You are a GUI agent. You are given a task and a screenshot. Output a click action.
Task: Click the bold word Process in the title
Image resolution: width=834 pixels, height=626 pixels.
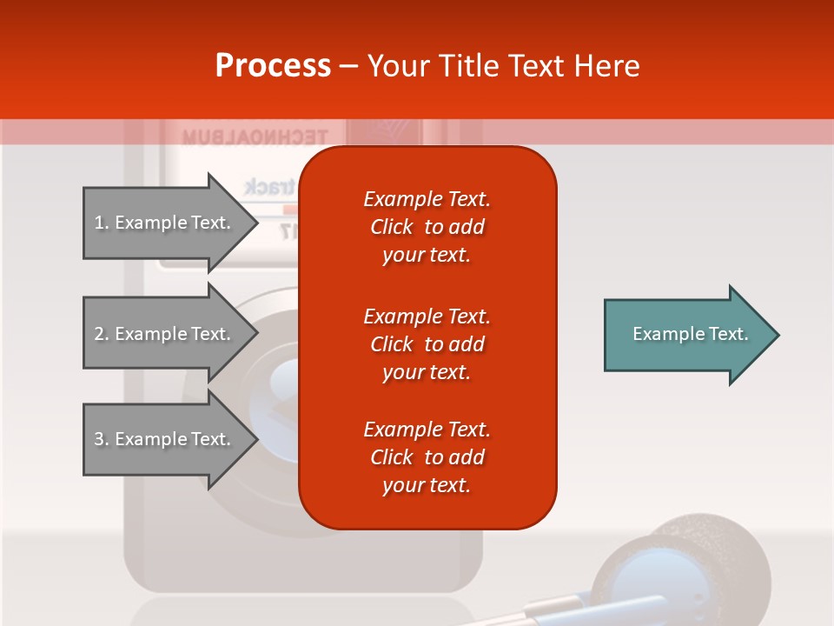273,66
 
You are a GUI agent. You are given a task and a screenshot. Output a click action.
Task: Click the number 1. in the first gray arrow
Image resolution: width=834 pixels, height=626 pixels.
101,223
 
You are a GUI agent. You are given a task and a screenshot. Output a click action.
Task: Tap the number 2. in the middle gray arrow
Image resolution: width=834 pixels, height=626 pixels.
101,334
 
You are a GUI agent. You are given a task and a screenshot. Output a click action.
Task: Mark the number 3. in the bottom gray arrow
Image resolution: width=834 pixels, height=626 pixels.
101,439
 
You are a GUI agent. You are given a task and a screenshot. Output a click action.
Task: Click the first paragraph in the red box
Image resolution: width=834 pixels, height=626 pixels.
427,227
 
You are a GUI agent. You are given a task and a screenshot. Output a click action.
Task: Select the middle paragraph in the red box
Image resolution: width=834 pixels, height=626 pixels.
427,344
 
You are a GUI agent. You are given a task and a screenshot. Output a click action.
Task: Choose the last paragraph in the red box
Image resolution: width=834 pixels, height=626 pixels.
427,457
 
